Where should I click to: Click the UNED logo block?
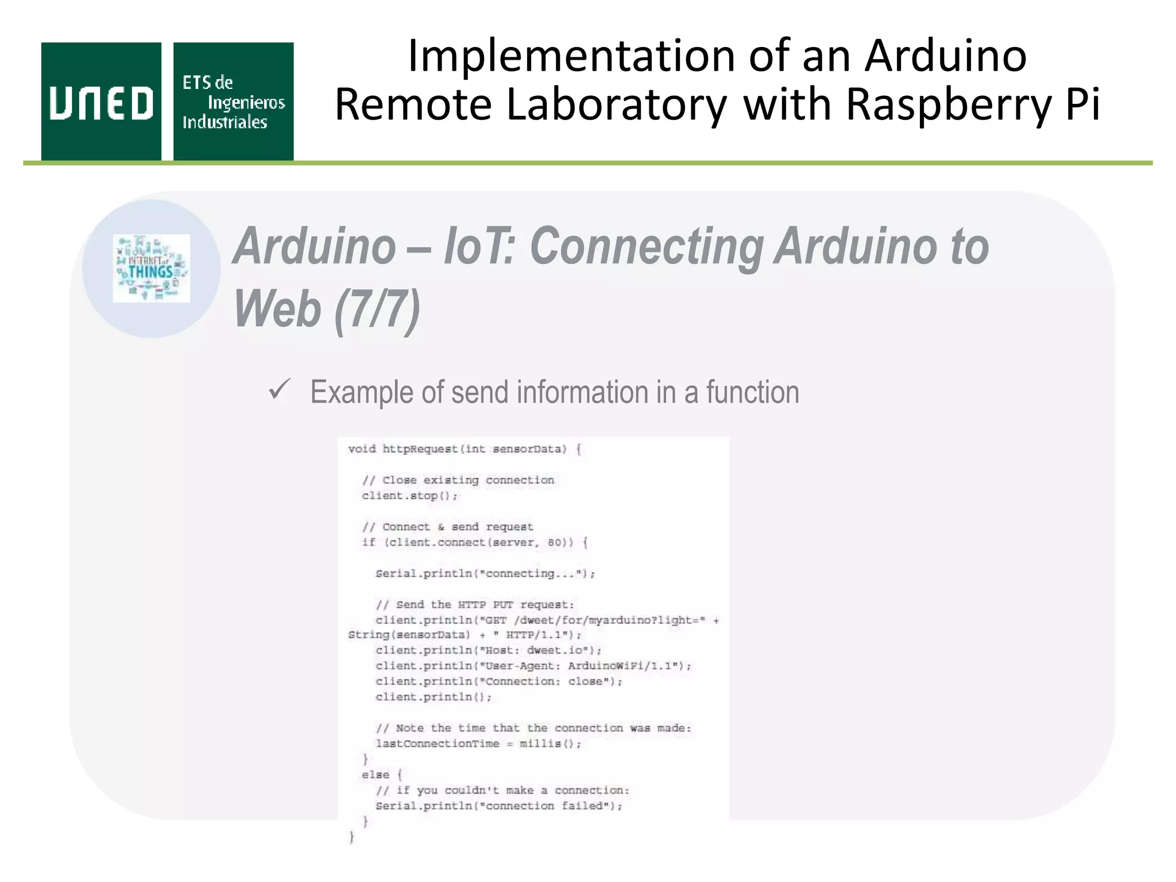[x=101, y=102]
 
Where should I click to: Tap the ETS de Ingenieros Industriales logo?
[x=233, y=102]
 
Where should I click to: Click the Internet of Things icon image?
[x=151, y=268]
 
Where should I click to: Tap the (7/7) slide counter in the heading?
[x=377, y=308]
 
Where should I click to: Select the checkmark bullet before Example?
[x=280, y=390]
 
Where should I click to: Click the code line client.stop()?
[x=409, y=496]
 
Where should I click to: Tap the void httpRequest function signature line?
[x=465, y=449]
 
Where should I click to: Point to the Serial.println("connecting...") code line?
[x=485, y=574]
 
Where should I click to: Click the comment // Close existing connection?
[x=458, y=480]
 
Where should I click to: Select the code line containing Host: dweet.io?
[x=489, y=651]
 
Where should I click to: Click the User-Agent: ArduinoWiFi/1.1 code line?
[x=533, y=666]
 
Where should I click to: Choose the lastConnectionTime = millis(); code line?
[x=478, y=744]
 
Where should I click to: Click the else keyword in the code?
[x=376, y=775]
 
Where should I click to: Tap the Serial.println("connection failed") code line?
[x=499, y=806]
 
